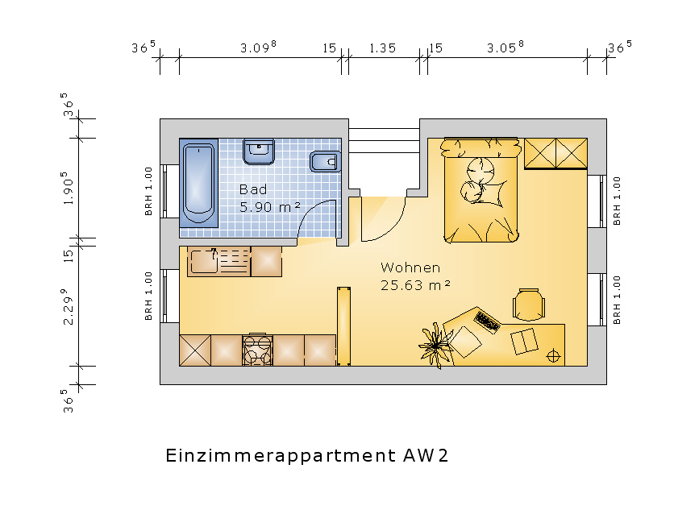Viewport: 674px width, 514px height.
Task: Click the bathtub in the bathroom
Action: [198, 184]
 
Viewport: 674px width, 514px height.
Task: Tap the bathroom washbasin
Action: [259, 151]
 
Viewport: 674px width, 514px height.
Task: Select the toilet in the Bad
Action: [326, 162]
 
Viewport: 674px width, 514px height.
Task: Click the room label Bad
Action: [253, 189]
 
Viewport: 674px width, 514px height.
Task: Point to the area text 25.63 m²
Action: [415, 285]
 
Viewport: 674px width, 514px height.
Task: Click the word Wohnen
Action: [410, 267]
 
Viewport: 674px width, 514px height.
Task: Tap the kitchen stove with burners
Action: [257, 350]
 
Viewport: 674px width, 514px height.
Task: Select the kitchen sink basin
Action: [204, 262]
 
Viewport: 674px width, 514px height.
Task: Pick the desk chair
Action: [529, 304]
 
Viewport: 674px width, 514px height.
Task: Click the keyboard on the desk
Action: [487, 321]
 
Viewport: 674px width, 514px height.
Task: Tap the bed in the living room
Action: [481, 191]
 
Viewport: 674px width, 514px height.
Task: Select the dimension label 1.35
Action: [383, 48]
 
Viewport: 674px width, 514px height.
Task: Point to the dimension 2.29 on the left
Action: [68, 306]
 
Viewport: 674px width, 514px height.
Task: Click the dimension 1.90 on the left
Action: [68, 188]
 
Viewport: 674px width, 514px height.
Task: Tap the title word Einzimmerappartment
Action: [281, 456]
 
